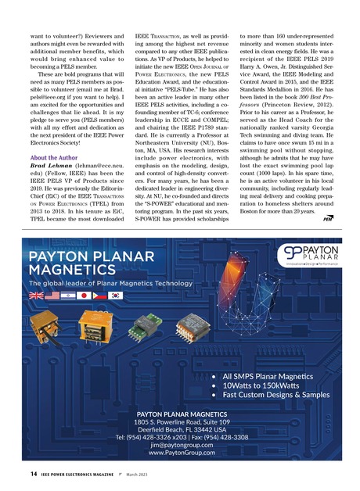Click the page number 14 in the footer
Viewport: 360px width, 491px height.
tap(23, 475)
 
